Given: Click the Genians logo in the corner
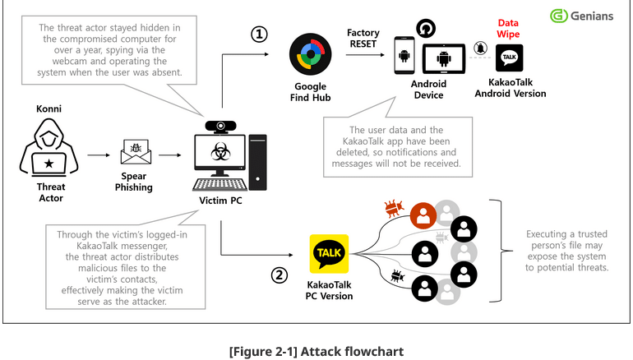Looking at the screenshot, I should (581, 16).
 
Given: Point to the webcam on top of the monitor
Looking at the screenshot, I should (220, 127).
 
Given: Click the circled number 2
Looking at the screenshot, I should (280, 275).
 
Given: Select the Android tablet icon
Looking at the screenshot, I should (444, 60).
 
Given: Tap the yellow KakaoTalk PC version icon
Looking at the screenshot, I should (329, 253).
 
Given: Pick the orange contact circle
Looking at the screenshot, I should (423, 216).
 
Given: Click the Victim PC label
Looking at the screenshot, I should (221, 201).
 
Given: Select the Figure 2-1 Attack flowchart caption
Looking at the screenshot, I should (316, 352).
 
